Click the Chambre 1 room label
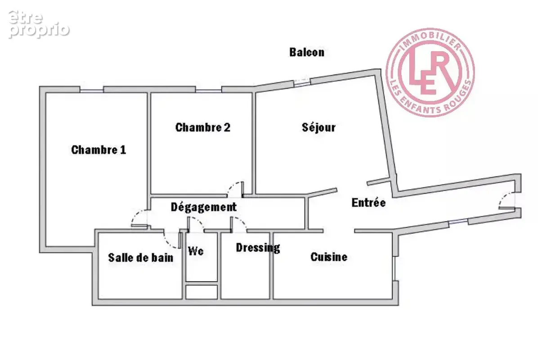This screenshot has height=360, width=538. (x=99, y=150)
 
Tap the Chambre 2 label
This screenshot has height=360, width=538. (x=203, y=127)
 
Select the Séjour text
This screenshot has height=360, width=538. (x=319, y=127)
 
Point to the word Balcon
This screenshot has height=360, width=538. (x=307, y=52)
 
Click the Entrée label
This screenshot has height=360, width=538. (x=368, y=202)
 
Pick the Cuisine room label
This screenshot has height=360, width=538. (x=329, y=256)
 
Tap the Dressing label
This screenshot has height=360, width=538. (x=258, y=248)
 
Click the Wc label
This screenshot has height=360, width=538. (x=196, y=251)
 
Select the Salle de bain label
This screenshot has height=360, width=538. (x=141, y=257)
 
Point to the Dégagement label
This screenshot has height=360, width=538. (x=204, y=207)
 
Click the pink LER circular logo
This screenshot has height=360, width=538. (x=430, y=72)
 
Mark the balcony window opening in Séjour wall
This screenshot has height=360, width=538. (x=302, y=81)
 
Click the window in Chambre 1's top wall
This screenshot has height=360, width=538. (x=92, y=91)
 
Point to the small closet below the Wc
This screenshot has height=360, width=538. (x=202, y=292)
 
